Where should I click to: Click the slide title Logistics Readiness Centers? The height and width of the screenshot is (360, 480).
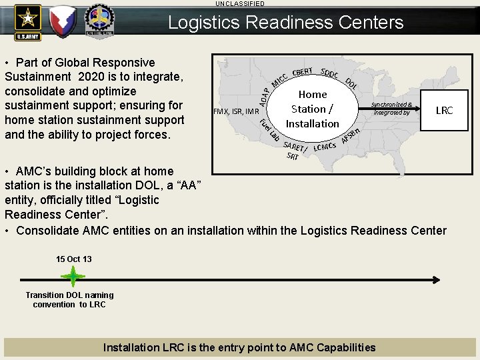pos(285,23)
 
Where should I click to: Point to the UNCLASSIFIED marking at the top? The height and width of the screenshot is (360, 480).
pos(239,3)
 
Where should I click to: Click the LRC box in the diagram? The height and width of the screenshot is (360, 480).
pos(444,110)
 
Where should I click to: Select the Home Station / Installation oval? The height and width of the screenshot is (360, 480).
pos(312,109)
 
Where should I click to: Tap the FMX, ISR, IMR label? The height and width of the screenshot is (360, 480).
pos(235,111)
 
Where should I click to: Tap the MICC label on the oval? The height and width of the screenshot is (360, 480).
pos(279,80)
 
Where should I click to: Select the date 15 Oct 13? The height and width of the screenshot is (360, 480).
pos(74,259)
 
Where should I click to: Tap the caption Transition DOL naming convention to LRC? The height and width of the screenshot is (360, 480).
pos(69,299)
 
